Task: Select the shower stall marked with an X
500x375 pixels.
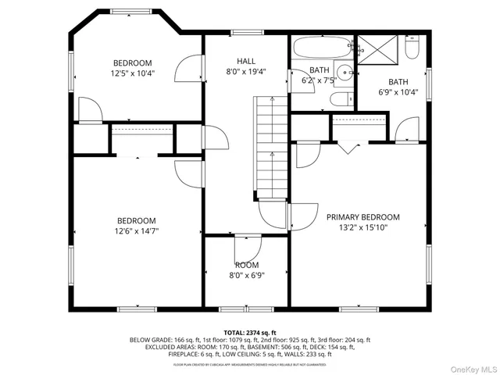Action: pos(379,51)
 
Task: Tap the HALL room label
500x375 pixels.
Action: pos(246,60)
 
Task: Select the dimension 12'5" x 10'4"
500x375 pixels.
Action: pos(132,73)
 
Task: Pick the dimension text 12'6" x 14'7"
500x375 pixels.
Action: pos(137,231)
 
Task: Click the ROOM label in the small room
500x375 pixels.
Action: pos(246,265)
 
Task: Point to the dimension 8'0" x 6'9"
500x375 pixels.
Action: pos(246,275)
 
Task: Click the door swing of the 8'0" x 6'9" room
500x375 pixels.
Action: pos(247,248)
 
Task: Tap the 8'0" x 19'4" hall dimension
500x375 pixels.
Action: pos(246,70)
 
